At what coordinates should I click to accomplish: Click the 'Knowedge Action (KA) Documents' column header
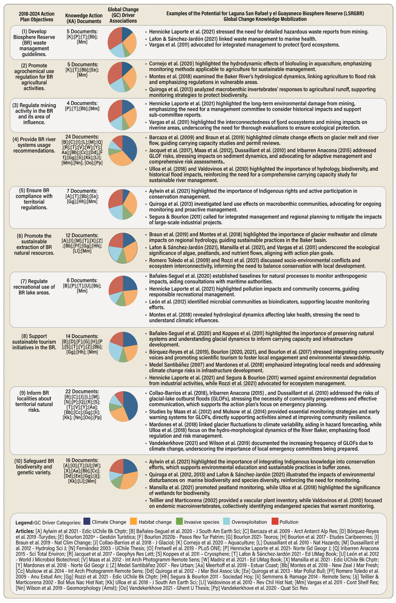[84, 18]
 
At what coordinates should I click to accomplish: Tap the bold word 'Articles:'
[25, 531]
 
